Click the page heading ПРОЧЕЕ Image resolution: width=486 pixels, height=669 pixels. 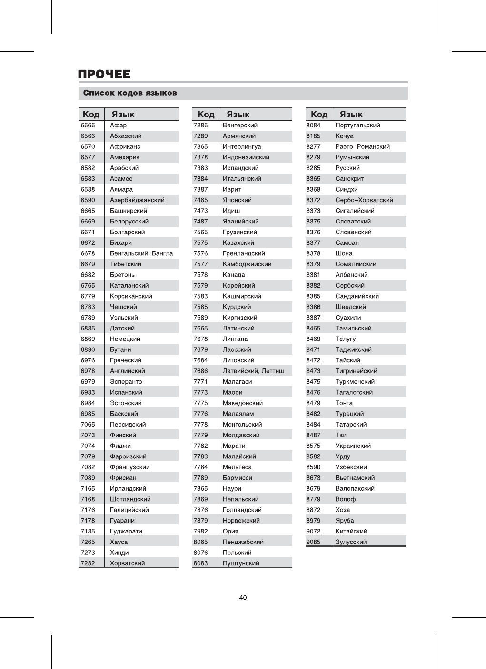(104, 74)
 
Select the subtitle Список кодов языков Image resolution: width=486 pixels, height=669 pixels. (130, 93)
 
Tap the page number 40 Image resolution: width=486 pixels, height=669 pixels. (243, 598)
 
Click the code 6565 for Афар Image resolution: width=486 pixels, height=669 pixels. (88, 126)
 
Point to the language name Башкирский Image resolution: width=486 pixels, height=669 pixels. (129, 211)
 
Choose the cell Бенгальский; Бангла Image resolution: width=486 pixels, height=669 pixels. (141, 253)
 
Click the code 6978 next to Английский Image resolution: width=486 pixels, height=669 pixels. (88, 371)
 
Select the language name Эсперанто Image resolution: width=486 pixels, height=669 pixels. (126, 382)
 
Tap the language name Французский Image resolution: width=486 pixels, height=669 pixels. (129, 467)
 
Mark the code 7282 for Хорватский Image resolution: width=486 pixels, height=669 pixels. (88, 563)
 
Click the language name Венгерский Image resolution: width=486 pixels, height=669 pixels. (240, 126)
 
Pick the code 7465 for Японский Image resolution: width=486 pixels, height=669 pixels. (201, 200)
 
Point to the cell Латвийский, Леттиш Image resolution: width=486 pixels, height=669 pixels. (253, 371)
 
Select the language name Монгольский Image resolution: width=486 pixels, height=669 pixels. (242, 424)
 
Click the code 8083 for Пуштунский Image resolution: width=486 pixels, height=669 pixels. (201, 563)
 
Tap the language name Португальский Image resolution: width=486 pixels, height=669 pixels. (357, 126)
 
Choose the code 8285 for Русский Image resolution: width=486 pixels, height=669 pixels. (314, 168)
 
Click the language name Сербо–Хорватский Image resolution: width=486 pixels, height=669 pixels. (364, 200)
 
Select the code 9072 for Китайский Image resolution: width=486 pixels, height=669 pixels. (314, 531)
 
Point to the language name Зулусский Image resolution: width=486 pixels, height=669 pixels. (351, 542)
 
